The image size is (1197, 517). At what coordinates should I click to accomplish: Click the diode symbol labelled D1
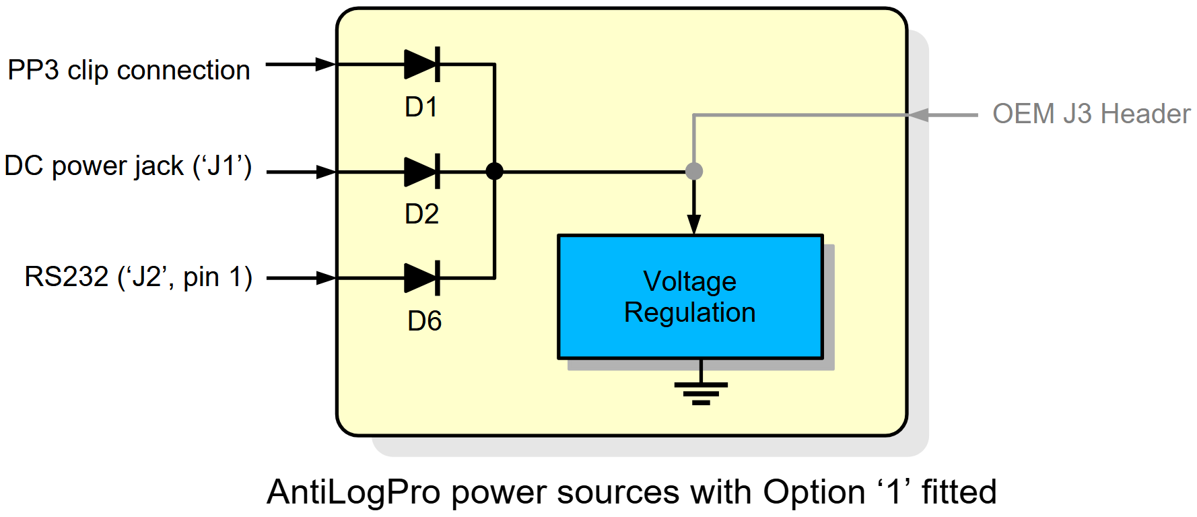(x=421, y=65)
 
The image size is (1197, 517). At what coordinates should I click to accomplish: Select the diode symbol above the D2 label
(x=421, y=172)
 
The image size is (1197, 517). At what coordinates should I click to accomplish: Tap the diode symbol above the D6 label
(x=421, y=278)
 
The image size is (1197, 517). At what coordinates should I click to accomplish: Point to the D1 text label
(x=421, y=107)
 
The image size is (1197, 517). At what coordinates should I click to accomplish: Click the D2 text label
(x=422, y=214)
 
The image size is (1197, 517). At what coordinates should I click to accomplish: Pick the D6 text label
(x=425, y=321)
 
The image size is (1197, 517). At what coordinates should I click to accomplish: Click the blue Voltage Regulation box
(x=690, y=297)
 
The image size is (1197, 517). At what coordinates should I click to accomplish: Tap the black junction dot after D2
(x=494, y=172)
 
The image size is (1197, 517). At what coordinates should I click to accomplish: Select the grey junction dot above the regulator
(x=694, y=172)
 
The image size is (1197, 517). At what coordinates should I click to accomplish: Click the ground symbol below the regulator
(x=701, y=391)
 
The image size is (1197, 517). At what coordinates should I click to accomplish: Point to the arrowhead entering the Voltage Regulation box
(x=694, y=225)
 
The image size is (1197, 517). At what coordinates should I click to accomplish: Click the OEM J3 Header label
(x=1091, y=114)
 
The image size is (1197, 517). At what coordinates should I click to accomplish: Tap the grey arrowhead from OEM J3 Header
(x=920, y=115)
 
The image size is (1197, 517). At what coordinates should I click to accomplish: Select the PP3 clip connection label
(x=129, y=70)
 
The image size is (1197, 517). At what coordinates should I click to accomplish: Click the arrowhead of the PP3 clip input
(x=326, y=65)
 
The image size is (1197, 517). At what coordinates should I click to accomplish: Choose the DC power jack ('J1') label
(x=128, y=166)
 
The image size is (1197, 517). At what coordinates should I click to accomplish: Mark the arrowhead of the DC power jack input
(x=326, y=172)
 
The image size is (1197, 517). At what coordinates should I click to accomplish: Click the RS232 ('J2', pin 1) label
(x=138, y=277)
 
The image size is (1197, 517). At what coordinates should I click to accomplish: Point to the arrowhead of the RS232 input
(x=326, y=278)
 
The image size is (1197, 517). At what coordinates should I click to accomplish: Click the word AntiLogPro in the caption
(x=353, y=492)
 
